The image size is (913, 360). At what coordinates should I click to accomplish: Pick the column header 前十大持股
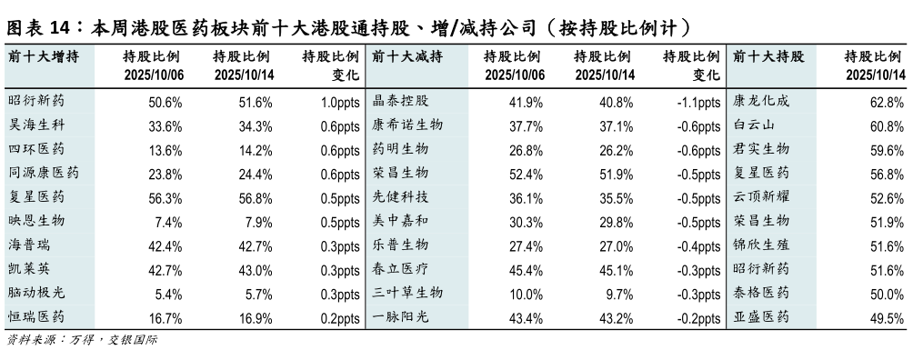tap(768, 56)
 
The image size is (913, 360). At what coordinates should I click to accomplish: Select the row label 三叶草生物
tap(407, 293)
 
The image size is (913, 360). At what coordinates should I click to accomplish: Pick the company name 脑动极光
tap(35, 293)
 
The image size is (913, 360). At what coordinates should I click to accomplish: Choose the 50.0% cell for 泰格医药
tap(888, 294)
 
